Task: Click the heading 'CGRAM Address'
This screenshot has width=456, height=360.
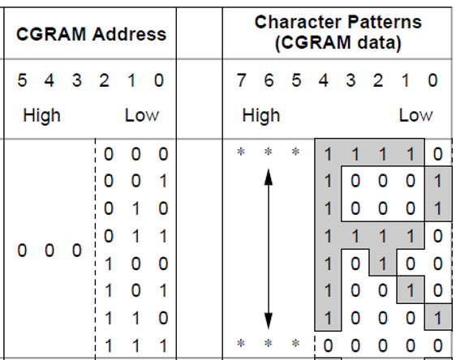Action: pyautogui.click(x=92, y=34)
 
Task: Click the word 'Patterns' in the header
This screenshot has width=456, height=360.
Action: pyautogui.click(x=385, y=23)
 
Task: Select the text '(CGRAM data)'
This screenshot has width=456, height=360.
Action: pyautogui.click(x=338, y=43)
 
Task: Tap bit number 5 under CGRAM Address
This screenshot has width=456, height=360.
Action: pyautogui.click(x=22, y=80)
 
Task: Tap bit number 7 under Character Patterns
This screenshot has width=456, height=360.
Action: pyautogui.click(x=241, y=80)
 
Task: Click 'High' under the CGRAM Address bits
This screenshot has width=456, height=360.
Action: pyautogui.click(x=41, y=116)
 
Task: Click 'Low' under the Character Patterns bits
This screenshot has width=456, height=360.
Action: pyautogui.click(x=416, y=116)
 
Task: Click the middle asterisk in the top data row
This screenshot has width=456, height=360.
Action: pyautogui.click(x=269, y=152)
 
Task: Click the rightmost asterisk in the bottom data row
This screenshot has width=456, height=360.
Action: pyautogui.click(x=296, y=344)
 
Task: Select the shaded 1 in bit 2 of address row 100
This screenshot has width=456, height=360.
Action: pyautogui.click(x=383, y=264)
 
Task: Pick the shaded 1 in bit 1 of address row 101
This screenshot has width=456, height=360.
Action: pyautogui.click(x=410, y=291)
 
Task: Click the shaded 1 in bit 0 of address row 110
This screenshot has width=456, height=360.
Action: pyautogui.click(x=437, y=318)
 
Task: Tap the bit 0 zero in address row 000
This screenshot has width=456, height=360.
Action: pyautogui.click(x=437, y=154)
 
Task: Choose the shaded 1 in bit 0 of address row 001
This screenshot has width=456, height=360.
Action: pyautogui.click(x=437, y=181)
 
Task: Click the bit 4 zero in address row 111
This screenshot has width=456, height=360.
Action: pyautogui.click(x=328, y=345)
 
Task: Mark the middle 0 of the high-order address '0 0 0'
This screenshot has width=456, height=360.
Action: pyautogui.click(x=49, y=251)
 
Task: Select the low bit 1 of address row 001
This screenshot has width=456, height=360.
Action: pyautogui.click(x=163, y=181)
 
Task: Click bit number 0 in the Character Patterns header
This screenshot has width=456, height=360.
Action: pyautogui.click(x=432, y=80)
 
